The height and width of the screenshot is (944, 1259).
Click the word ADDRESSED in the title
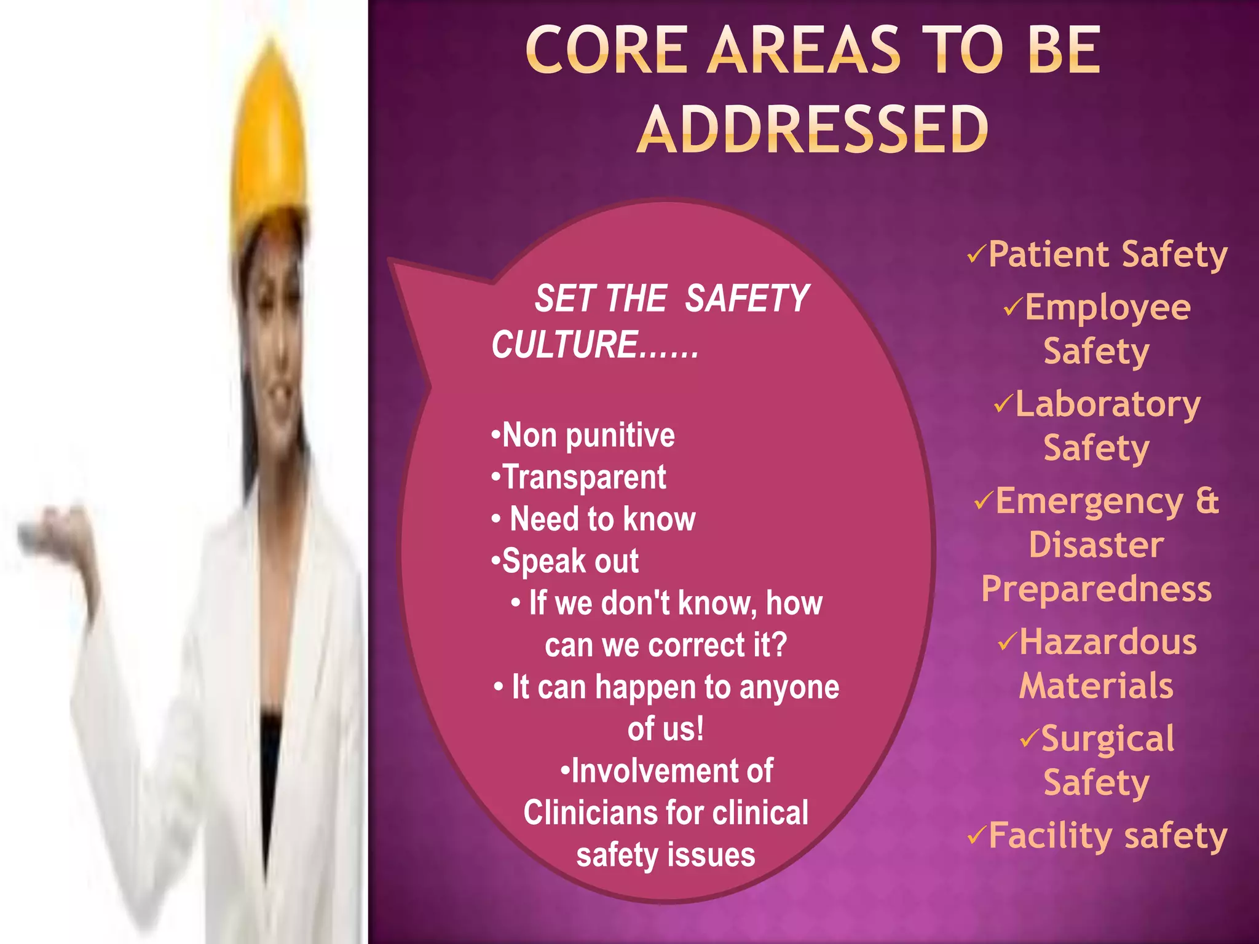click(x=813, y=129)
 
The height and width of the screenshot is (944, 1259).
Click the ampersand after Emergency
click(x=1207, y=501)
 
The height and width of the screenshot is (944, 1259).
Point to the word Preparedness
click(x=1096, y=589)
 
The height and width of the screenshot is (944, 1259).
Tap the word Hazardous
click(x=1108, y=642)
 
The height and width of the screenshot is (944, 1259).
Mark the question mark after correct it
click(x=779, y=645)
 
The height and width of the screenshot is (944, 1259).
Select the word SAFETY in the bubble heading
click(x=747, y=299)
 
